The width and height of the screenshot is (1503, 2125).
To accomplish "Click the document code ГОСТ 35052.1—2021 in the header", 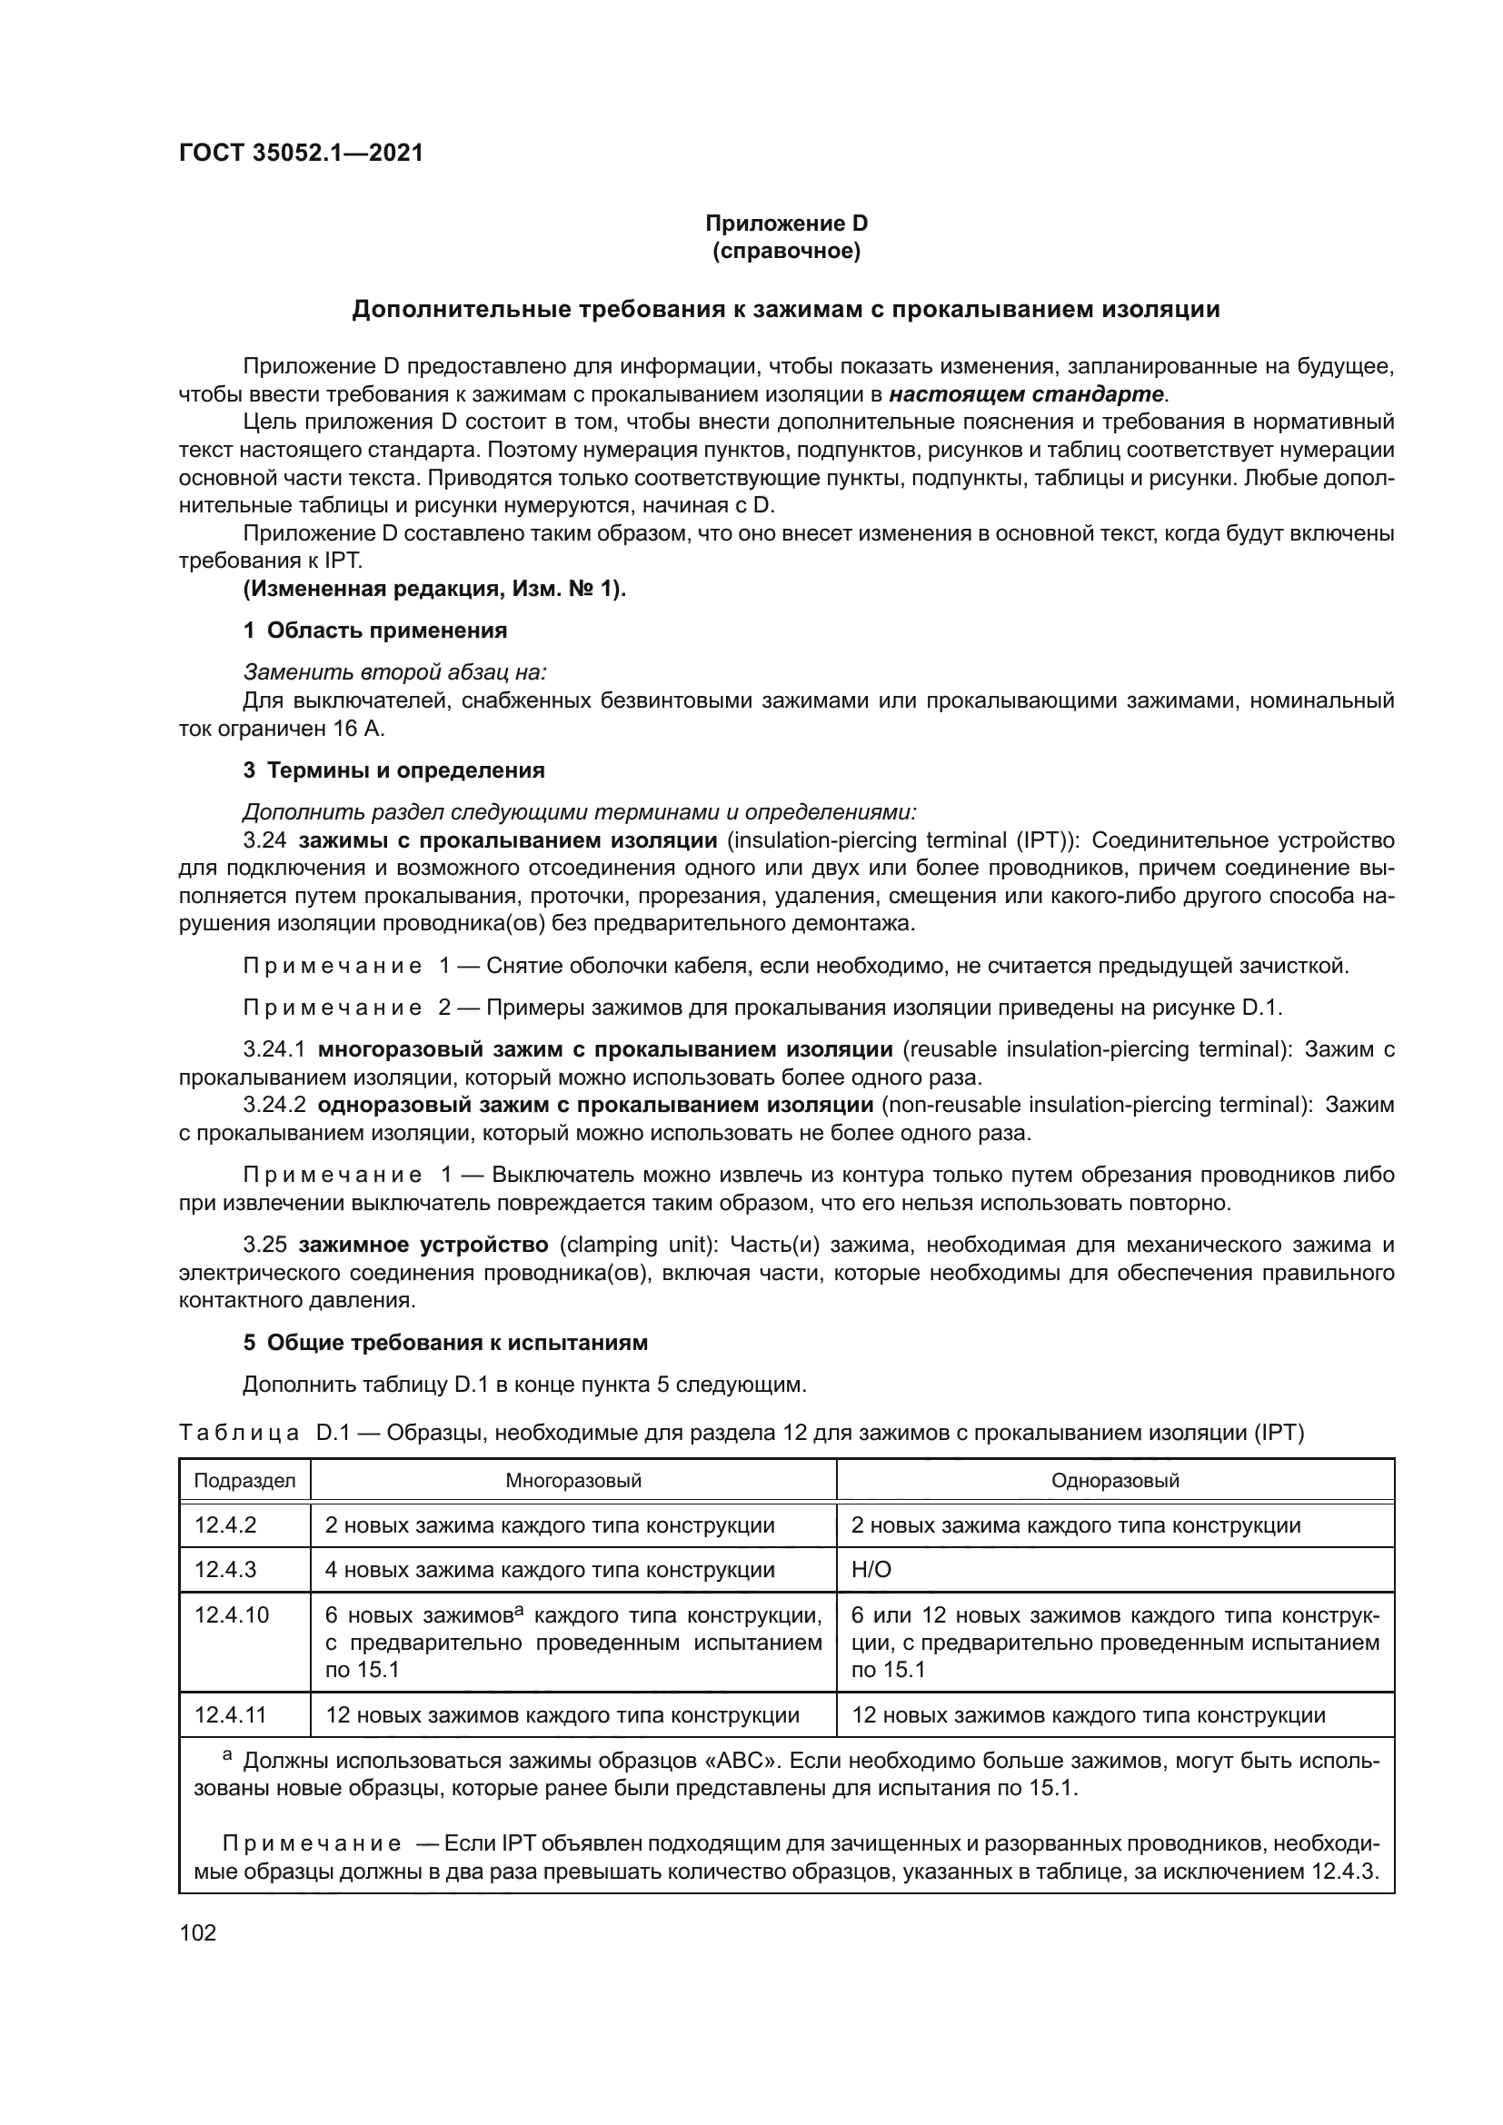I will [301, 154].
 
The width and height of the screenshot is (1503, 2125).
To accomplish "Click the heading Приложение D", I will [786, 223].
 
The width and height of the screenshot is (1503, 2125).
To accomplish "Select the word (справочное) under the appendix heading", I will [786, 251].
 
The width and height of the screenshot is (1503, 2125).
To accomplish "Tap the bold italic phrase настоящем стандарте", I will [1026, 394].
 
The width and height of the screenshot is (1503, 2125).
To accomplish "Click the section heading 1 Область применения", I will [374, 631].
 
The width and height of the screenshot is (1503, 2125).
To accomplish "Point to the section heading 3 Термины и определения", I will [393, 770].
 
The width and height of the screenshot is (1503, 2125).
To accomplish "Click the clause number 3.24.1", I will [274, 1049].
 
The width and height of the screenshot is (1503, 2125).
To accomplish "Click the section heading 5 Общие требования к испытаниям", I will [445, 1342].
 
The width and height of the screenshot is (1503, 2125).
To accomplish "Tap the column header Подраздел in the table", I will [244, 1480].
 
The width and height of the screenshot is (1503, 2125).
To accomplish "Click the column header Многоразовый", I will [572, 1480].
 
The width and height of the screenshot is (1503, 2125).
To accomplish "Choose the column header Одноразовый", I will [1114, 1480].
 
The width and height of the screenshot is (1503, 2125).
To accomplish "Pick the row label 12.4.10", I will [232, 1615].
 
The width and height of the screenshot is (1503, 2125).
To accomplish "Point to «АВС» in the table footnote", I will [724, 1762].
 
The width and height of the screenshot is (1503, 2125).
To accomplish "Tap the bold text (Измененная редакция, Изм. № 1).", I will [434, 589].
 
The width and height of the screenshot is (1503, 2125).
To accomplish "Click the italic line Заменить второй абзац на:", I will [394, 672].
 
